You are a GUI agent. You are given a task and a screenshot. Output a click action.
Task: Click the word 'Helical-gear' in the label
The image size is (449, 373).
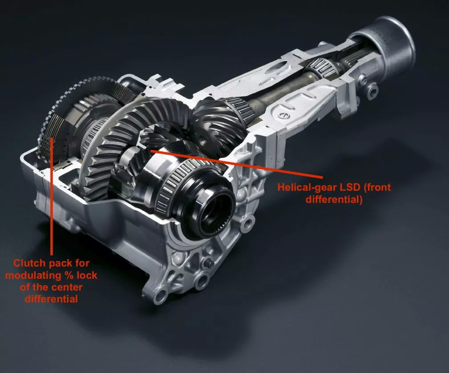307,187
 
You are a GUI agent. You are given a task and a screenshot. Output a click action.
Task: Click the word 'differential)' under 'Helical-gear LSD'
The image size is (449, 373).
334,199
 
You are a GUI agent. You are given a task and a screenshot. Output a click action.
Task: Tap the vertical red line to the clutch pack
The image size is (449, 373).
52,196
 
